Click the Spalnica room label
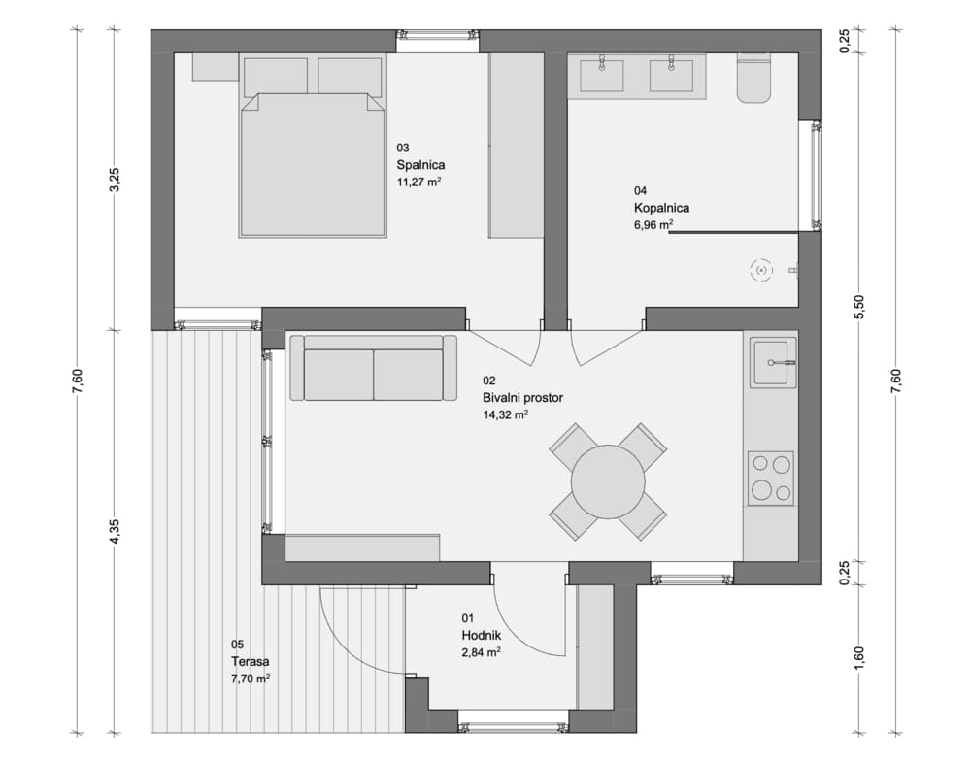click(x=420, y=165)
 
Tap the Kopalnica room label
click(x=661, y=208)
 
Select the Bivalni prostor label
click(x=522, y=398)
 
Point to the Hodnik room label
click(x=482, y=635)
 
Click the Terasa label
click(x=251, y=661)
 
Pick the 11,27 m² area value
click(x=419, y=182)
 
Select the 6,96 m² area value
click(x=653, y=224)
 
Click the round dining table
click(x=608, y=481)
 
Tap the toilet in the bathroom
click(x=753, y=78)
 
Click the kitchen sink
click(x=773, y=363)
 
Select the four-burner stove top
click(x=771, y=479)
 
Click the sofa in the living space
click(x=374, y=368)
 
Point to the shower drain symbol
click(x=761, y=270)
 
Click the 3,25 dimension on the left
click(x=115, y=181)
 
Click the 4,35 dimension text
click(x=115, y=531)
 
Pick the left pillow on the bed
click(x=276, y=78)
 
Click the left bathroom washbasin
click(x=601, y=76)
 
